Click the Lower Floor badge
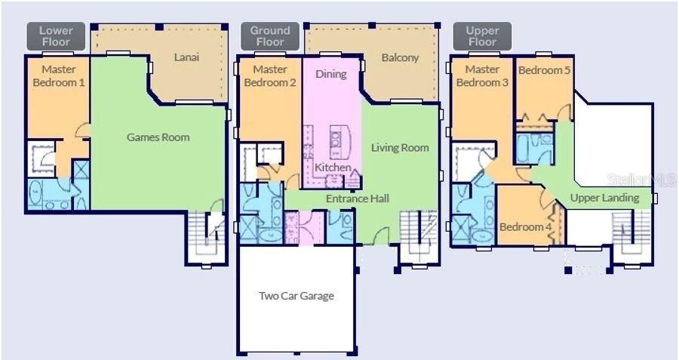click(55, 36)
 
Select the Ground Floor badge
click(269, 36)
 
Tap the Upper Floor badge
click(482, 36)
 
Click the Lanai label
click(186, 57)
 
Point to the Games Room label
click(158, 137)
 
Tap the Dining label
click(330, 74)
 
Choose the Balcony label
click(400, 57)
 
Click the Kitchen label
click(332, 167)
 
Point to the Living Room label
click(400, 148)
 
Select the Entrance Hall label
click(357, 198)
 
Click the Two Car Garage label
click(296, 296)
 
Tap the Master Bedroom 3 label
click(483, 76)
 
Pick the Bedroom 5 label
click(544, 70)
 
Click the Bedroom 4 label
click(526, 226)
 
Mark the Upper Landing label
click(604, 198)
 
